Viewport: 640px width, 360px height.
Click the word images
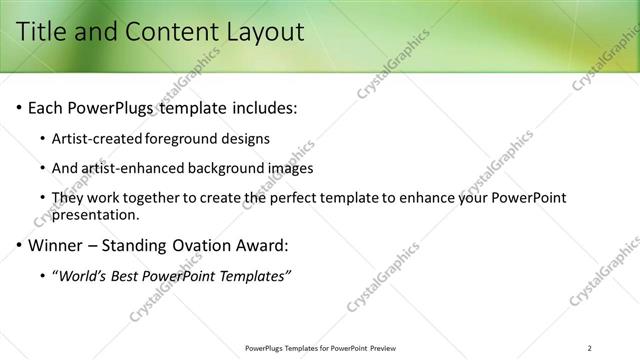click(288, 168)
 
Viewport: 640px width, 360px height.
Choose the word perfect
click(311, 198)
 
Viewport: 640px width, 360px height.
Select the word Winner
click(55, 244)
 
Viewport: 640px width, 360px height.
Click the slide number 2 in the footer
click(590, 347)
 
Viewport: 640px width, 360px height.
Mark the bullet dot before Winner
click(18, 245)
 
